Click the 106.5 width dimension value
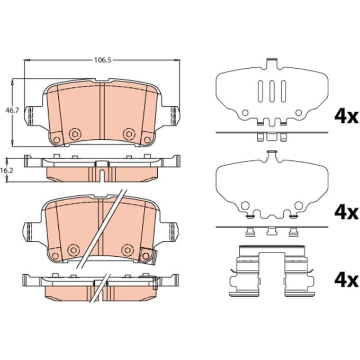pyautogui.click(x=103, y=60)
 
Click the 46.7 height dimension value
pyautogui.click(x=12, y=111)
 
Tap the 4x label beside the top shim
pyautogui.click(x=346, y=116)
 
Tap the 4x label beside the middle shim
pyautogui.click(x=346, y=213)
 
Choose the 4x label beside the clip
pyautogui.click(x=346, y=281)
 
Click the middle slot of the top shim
pyautogui.click(x=272, y=91)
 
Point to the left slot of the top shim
pyautogui.click(x=260, y=91)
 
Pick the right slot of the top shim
pyautogui.click(x=284, y=91)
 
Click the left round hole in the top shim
pyautogui.click(x=246, y=113)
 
